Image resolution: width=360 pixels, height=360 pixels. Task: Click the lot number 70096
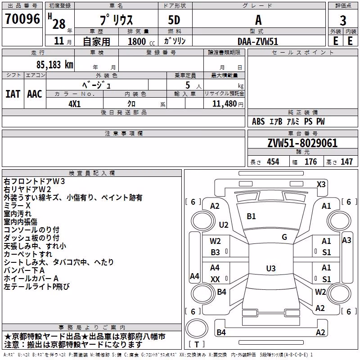pyautogui.click(x=22, y=19)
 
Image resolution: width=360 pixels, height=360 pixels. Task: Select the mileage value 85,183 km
pyautogui.click(x=54, y=65)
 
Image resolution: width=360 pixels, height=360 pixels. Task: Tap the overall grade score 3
pyautogui.click(x=343, y=20)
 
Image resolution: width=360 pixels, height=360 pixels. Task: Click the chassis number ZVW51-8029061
pyautogui.click(x=302, y=143)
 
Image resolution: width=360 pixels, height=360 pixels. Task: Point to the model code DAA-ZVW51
pyautogui.click(x=257, y=41)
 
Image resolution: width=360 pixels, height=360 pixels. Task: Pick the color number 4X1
pyautogui.click(x=74, y=104)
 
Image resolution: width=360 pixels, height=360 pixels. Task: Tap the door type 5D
pyautogui.click(x=174, y=20)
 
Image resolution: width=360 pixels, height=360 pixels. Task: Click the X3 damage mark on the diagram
pyautogui.click(x=321, y=184)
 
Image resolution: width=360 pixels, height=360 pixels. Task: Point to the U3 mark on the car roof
pyautogui.click(x=271, y=268)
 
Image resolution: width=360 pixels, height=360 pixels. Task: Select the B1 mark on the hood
pyautogui.click(x=251, y=216)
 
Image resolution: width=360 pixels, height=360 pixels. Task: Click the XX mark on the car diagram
pyautogui.click(x=215, y=279)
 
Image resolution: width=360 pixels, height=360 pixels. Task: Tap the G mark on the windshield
pyautogui.click(x=284, y=237)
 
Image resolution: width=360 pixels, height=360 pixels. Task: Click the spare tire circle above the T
pyautogui.click(x=197, y=328)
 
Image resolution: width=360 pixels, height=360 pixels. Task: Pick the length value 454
pyautogui.click(x=273, y=162)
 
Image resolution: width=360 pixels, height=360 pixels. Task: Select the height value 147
pyautogui.click(x=346, y=162)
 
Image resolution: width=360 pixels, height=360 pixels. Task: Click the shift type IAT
pyautogui.click(x=13, y=94)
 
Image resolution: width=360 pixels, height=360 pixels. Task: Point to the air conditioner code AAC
pyautogui.click(x=35, y=94)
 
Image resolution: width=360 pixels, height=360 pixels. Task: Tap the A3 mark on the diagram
pyautogui.click(x=346, y=240)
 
